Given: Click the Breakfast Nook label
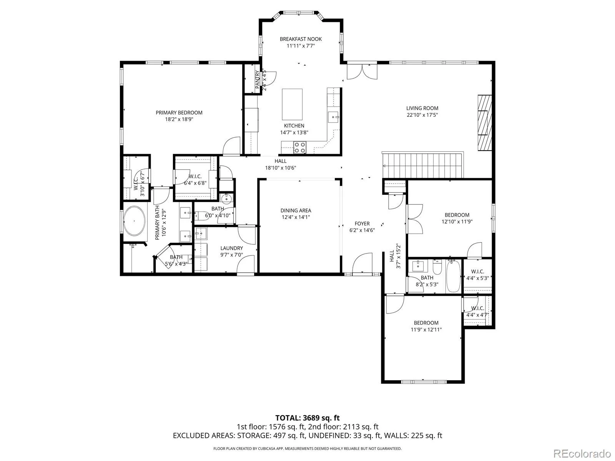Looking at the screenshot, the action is point(300,39).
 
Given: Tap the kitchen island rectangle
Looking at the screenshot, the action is point(292,104).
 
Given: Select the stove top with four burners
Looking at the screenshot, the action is point(299,148).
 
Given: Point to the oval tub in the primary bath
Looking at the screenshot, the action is point(135,221).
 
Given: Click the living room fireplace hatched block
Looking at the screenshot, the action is point(485,123).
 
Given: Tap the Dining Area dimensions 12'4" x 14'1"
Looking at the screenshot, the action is point(296,217).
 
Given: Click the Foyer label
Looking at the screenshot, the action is point(362,224).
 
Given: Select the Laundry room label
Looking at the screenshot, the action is point(231,248).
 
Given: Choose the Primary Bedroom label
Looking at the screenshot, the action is point(179,113).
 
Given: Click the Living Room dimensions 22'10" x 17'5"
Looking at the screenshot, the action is point(422,115).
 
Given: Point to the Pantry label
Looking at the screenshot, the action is point(258,80).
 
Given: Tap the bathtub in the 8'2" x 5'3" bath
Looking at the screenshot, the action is point(453,276).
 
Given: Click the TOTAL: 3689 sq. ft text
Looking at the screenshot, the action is point(307,418).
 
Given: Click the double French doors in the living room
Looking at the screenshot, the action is point(362,72).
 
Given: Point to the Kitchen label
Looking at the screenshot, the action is point(294,126).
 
